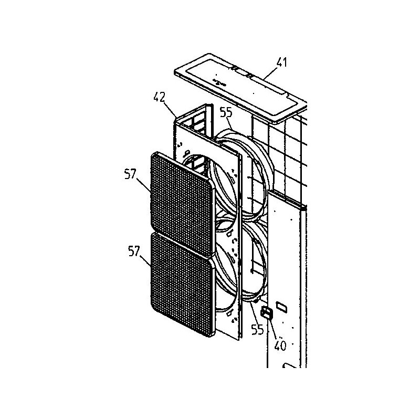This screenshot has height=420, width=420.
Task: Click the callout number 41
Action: (281, 62)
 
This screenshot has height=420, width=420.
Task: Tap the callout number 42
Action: (160, 97)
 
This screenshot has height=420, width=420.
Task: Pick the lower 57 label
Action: (134, 251)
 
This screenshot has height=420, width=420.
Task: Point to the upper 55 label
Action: (226, 112)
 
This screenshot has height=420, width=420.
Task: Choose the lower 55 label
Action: (257, 329)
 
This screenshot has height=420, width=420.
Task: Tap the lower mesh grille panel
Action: (183, 284)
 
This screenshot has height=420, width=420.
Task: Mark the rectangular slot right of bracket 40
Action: (282, 307)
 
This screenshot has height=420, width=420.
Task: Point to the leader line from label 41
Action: (271, 73)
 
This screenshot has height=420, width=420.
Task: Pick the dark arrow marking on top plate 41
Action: (219, 82)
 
